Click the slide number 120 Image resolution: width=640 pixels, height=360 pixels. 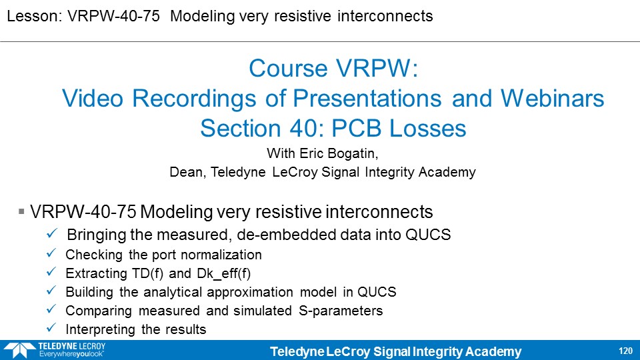click(625, 351)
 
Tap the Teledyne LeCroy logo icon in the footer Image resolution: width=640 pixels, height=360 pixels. click(19, 351)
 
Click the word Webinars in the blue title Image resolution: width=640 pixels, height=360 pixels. click(552, 99)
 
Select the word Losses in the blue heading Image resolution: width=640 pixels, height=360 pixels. click(427, 128)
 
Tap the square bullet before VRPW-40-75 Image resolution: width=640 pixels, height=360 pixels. click(21, 211)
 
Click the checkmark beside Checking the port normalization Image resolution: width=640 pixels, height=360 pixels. click(51, 253)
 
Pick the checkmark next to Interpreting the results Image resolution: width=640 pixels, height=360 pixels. click(51, 327)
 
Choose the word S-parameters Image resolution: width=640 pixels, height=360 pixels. click(341, 311)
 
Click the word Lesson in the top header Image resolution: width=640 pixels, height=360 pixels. click(34, 16)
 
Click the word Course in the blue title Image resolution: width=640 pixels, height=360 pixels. click(289, 68)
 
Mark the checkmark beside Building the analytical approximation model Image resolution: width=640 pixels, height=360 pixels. click(51, 290)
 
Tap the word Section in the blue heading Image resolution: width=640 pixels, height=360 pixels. click(241, 128)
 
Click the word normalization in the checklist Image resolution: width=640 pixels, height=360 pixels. click(221, 255)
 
